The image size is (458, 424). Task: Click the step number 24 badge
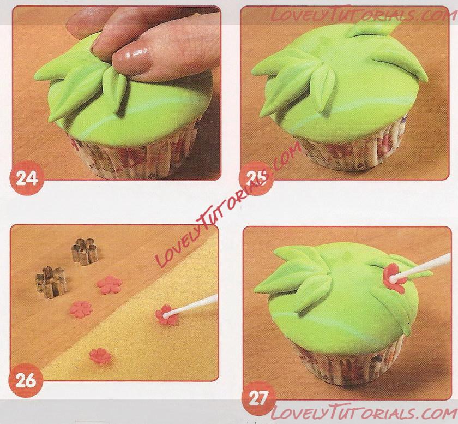tap(27, 178)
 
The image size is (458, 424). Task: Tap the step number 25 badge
tap(256, 178)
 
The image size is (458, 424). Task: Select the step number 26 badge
tap(26, 380)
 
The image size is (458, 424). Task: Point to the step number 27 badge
tap(259, 398)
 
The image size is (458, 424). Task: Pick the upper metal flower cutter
tap(85, 252)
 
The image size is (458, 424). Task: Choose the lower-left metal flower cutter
tap(51, 282)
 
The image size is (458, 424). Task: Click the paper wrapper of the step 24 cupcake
tap(131, 157)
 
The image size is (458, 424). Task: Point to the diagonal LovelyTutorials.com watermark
tap(228, 205)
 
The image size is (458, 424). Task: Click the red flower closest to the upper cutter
tap(109, 285)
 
